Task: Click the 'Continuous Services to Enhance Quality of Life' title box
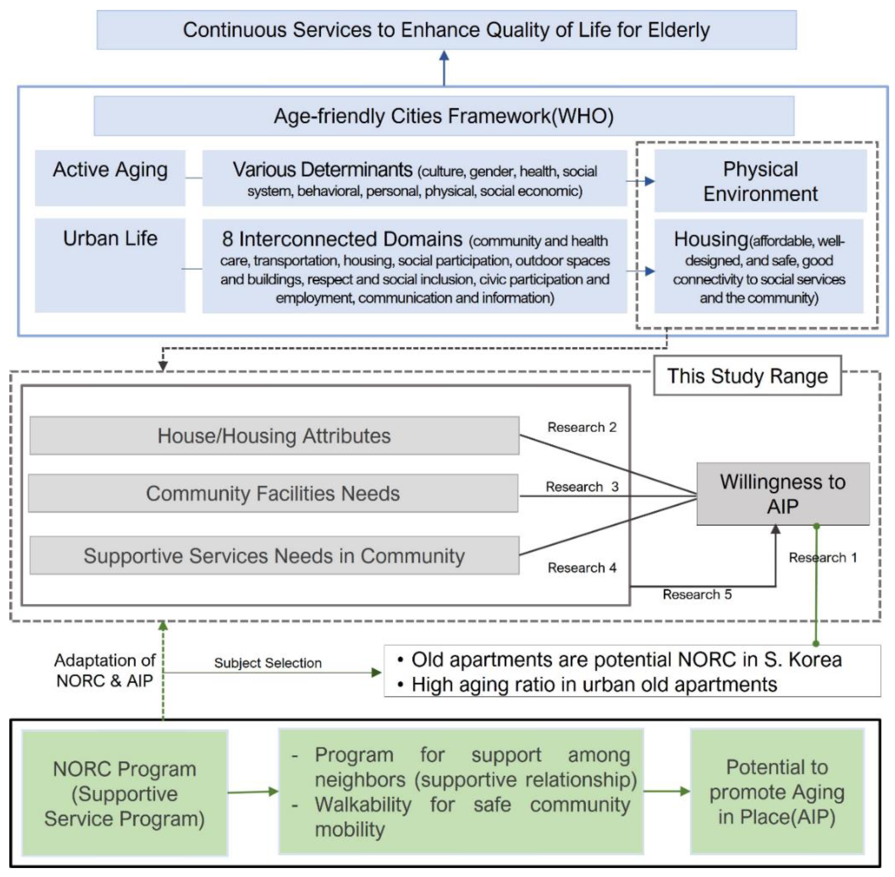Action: [446, 30]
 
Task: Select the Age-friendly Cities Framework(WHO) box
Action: [443, 116]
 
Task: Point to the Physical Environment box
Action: [760, 181]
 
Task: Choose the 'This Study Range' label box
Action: [747, 376]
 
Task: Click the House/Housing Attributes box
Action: [274, 436]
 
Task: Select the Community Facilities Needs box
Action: [273, 493]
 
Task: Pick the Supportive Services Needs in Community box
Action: [274, 555]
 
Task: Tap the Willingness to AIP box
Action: [783, 494]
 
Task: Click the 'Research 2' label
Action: [582, 427]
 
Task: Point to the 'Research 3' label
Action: [582, 487]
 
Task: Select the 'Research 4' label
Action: [582, 568]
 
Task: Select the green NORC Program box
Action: [124, 794]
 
